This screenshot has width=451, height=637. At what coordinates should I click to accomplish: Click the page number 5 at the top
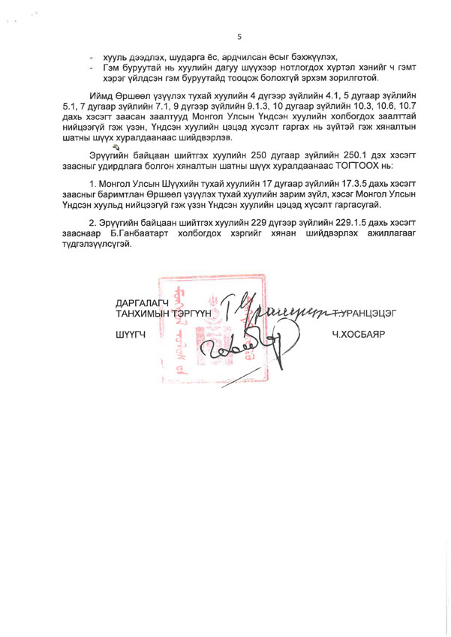pyautogui.click(x=239, y=35)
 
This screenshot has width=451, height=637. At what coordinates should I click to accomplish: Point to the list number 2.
pyautogui.click(x=92, y=222)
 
